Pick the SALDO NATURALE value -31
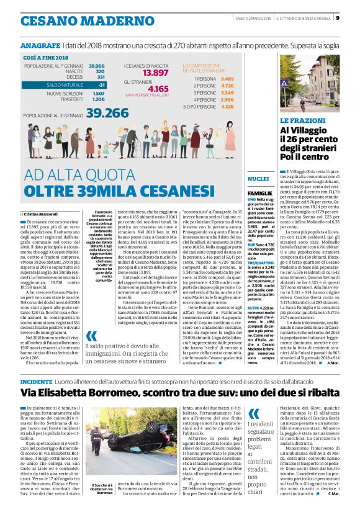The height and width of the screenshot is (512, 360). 101,84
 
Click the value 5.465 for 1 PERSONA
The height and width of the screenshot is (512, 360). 227,79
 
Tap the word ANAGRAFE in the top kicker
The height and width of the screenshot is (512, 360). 39,46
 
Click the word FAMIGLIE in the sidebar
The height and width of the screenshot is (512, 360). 259,193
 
